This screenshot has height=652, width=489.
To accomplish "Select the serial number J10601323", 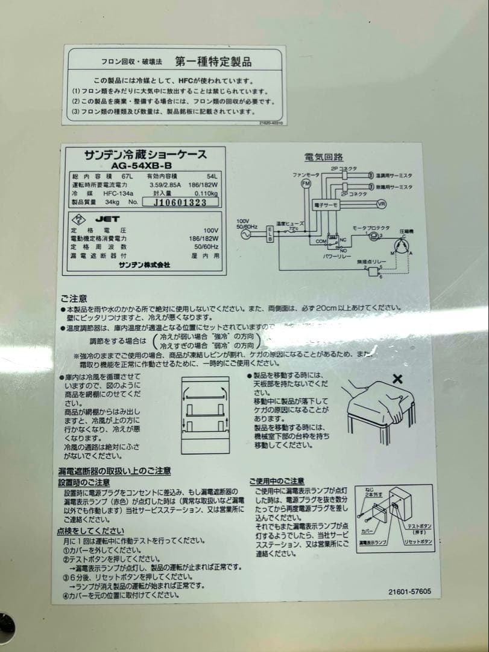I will [x=180, y=203].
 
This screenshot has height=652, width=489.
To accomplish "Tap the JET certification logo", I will [x=107, y=219].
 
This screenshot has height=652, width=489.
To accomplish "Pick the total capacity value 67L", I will [x=126, y=176].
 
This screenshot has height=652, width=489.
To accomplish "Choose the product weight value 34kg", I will [x=112, y=202].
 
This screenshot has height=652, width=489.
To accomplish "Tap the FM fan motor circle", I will [x=306, y=183].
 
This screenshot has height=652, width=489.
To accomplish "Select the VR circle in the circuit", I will [x=380, y=205].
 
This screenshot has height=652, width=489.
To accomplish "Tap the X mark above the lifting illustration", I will [x=397, y=379].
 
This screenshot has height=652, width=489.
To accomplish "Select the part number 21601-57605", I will [x=409, y=592].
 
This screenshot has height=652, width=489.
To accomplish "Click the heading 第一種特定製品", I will [x=213, y=62].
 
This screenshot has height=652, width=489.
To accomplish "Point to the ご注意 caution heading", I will [x=73, y=298].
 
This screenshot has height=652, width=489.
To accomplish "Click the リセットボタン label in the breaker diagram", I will [x=418, y=542].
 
